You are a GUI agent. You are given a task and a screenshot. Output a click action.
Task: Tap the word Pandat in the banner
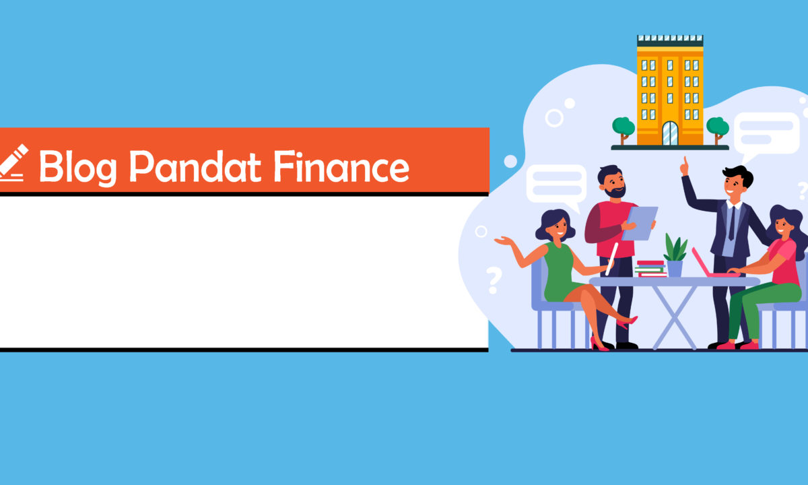click(195, 166)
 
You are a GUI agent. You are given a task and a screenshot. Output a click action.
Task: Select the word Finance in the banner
click(341, 166)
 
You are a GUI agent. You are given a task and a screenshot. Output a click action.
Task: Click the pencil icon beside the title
click(13, 162)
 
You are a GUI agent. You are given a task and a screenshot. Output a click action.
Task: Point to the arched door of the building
click(670, 133)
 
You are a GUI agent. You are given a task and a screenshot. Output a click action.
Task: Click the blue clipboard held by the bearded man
click(640, 224)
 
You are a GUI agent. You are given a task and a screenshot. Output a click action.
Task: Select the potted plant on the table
click(675, 255)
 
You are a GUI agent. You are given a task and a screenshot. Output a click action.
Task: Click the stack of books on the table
click(651, 269)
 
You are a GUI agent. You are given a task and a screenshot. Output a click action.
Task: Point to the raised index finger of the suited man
click(685, 160)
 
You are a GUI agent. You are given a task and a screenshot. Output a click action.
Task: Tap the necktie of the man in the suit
click(732, 224)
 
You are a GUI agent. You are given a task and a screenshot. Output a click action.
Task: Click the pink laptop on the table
click(712, 263)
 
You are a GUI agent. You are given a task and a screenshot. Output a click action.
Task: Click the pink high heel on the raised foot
click(628, 322)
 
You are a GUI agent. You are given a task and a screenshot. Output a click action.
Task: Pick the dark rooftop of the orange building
click(670, 41)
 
